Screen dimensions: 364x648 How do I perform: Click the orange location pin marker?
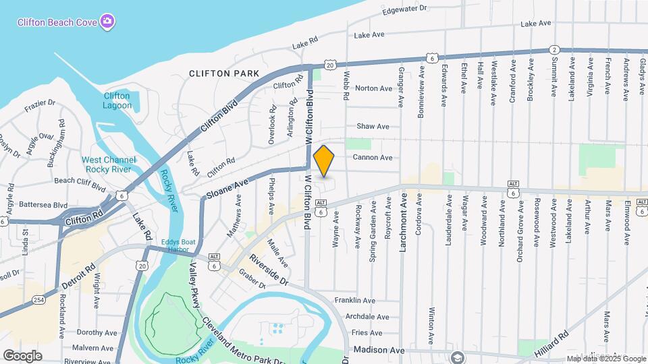tap(324, 161)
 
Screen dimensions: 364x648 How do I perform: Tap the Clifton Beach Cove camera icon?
tap(107, 22)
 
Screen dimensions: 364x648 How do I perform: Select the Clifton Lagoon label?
tap(117, 100)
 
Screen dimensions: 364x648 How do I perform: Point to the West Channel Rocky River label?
tap(109, 164)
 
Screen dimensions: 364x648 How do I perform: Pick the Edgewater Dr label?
tap(405, 9)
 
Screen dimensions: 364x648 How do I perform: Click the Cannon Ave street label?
tap(373, 158)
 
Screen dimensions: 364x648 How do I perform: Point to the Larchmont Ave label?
tap(404, 222)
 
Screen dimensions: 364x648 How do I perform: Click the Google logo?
tap(23, 355)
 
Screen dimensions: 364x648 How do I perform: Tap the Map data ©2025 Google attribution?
tap(606, 359)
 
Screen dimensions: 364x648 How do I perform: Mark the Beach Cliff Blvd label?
tap(80, 181)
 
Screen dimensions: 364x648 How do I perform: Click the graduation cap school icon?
tap(458, 357)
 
